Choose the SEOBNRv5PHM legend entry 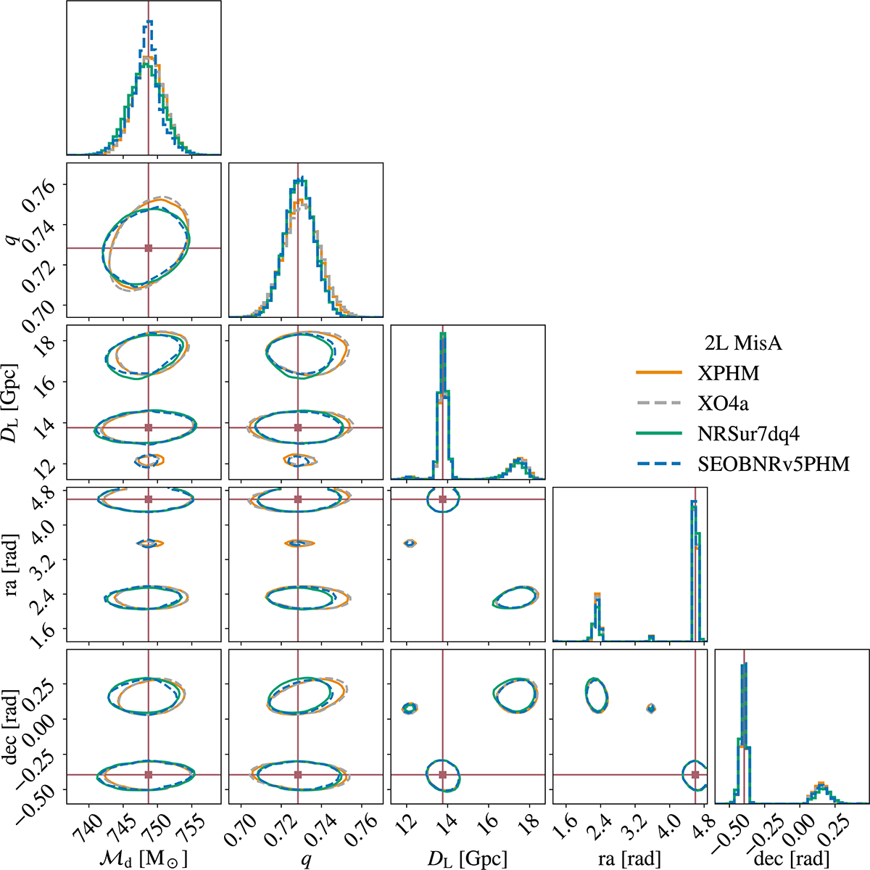(x=773, y=464)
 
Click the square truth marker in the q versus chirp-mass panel (x=149, y=248)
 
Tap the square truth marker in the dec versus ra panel (x=695, y=775)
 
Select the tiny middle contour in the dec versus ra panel (x=650, y=708)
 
